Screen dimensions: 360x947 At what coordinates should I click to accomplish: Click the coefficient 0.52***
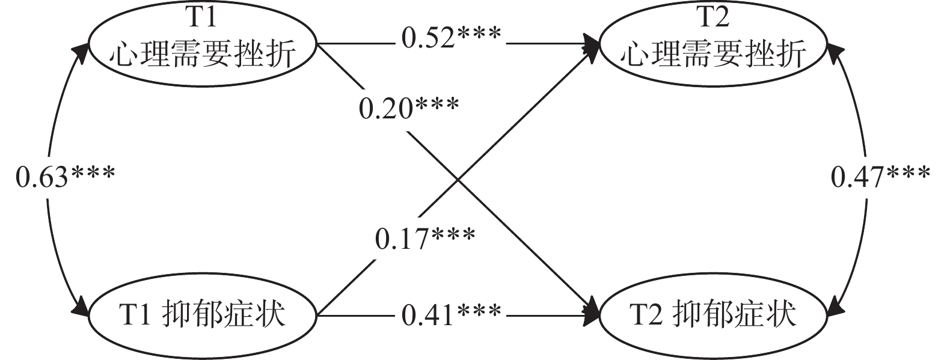[x=451, y=38]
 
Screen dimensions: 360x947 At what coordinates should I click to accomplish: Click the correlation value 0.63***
[x=65, y=177]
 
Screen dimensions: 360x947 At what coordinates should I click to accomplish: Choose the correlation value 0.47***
[x=881, y=177]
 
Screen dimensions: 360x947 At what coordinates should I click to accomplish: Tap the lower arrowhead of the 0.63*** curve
[x=81, y=310]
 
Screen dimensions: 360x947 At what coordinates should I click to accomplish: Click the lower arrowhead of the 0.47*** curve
[x=835, y=310]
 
